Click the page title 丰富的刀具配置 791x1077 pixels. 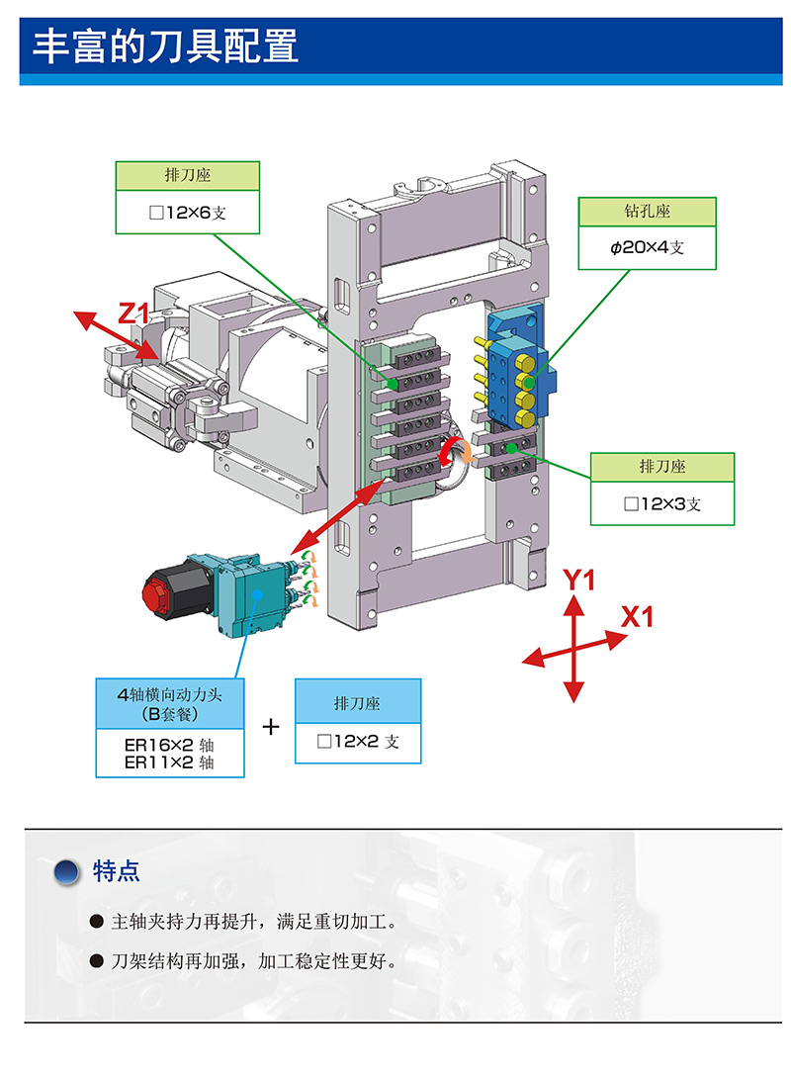coord(166,46)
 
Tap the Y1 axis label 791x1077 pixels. coord(579,581)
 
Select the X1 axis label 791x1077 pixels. coord(638,617)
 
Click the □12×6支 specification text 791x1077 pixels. coord(188,212)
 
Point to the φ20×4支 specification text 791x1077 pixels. coord(648,247)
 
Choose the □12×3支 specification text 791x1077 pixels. coord(661,503)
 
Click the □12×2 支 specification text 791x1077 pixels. coord(358,741)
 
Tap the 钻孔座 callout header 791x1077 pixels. coord(648,212)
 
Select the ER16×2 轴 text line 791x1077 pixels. coord(169,744)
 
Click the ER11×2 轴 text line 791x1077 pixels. coord(169,762)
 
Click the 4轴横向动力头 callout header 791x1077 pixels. coord(169,695)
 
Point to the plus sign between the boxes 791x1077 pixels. coord(271,727)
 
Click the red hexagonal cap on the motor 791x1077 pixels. coord(161,596)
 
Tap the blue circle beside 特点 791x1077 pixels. coord(67,872)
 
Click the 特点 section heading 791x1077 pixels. coord(117,871)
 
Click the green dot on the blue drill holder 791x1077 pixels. coord(530,383)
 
